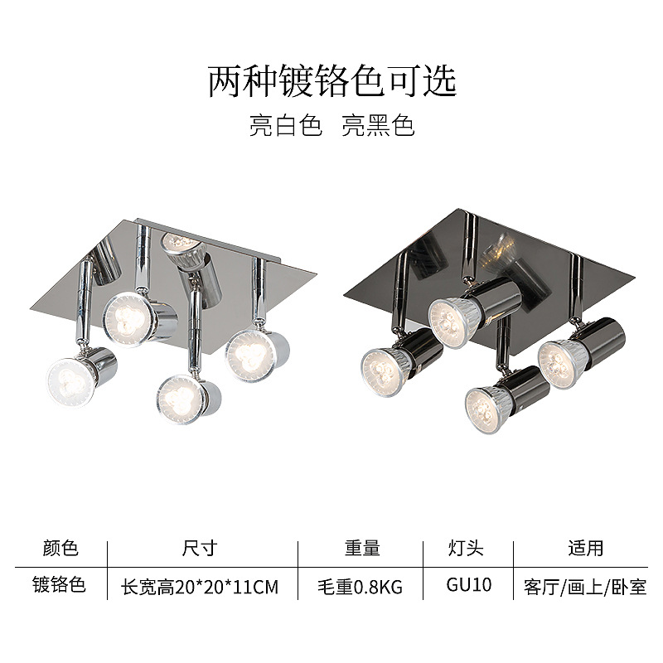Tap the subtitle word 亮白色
click(x=285, y=126)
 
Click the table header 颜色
click(x=60, y=548)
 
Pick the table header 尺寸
click(x=199, y=548)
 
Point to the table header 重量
click(x=362, y=548)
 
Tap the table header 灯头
click(x=465, y=548)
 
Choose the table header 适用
click(x=585, y=548)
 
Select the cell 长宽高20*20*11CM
click(x=200, y=587)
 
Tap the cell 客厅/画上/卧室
click(x=585, y=587)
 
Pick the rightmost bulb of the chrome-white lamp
click(x=247, y=351)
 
